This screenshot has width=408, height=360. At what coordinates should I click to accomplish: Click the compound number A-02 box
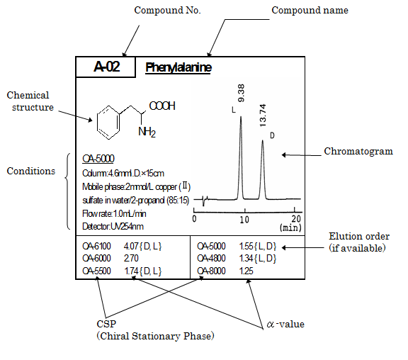pyautogui.click(x=106, y=67)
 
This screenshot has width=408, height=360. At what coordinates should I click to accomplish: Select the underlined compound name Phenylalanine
pyautogui.click(x=178, y=67)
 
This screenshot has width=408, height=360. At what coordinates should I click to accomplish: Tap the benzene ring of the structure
pyautogui.click(x=108, y=123)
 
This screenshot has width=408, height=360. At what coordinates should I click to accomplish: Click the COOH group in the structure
pyautogui.click(x=162, y=106)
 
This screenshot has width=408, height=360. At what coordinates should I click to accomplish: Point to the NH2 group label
pyautogui.click(x=147, y=132)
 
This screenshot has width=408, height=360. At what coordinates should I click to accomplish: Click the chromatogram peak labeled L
pyautogui.click(x=241, y=156)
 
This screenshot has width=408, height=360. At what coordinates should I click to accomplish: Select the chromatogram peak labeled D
pyautogui.click(x=263, y=169)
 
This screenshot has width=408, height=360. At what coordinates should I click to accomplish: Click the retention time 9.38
pyautogui.click(x=242, y=93)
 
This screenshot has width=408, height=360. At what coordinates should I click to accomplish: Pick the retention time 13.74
pyautogui.click(x=263, y=116)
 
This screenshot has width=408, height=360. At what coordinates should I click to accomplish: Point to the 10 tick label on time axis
pyautogui.click(x=244, y=220)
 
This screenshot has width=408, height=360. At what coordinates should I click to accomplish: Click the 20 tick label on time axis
pyautogui.click(x=296, y=218)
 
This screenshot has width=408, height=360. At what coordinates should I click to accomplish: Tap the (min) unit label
pyautogui.click(x=290, y=227)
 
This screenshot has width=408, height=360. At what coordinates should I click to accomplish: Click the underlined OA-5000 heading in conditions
pyautogui.click(x=98, y=159)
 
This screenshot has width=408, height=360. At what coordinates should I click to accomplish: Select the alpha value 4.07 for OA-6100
pyautogui.click(x=130, y=246)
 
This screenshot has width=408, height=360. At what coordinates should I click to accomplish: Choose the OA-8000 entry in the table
pyautogui.click(x=211, y=271)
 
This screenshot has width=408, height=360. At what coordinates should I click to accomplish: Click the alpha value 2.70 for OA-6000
pyautogui.click(x=131, y=258)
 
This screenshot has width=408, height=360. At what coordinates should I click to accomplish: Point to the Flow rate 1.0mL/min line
pyautogui.click(x=114, y=214)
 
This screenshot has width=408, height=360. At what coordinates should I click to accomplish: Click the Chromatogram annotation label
pyautogui.click(x=358, y=151)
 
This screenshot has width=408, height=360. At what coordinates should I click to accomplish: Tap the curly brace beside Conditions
pyautogui.click(x=68, y=191)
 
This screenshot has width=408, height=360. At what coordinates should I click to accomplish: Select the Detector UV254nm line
pyautogui.click(x=113, y=227)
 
